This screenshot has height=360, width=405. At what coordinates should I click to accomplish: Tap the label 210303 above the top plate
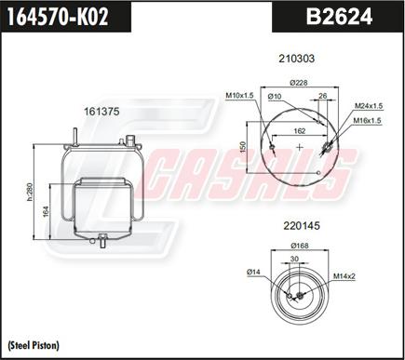tap(297, 59)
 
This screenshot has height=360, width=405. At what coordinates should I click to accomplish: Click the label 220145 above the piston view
tap(297, 224)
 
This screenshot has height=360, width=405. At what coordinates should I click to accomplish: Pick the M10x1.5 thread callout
tap(239, 95)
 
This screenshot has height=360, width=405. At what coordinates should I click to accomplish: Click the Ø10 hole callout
tap(276, 96)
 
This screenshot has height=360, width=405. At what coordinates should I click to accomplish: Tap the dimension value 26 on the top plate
tap(322, 95)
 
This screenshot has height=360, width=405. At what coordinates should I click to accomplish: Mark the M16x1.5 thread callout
tap(369, 120)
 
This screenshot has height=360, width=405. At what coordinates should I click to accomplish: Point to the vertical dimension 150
tap(244, 148)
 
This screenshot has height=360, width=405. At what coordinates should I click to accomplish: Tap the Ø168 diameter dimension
tap(299, 247)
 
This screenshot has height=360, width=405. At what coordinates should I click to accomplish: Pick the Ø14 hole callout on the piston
tap(251, 271)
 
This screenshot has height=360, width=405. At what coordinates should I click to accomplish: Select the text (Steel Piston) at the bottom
tap(34, 346)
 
